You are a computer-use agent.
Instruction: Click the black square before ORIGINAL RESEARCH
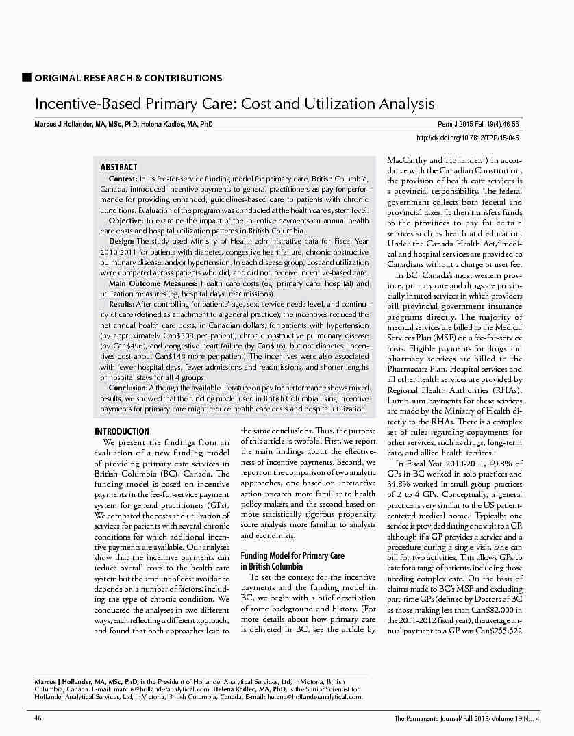[x=27, y=77]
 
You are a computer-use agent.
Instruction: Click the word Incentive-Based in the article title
[x=88, y=104]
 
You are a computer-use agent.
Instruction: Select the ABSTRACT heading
[x=118, y=167]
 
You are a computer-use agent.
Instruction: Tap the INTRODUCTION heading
[x=121, y=431]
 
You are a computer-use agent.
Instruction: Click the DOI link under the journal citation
[x=467, y=138]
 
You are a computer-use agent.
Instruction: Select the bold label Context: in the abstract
[x=123, y=178]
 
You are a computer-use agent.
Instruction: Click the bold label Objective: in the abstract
[x=126, y=221]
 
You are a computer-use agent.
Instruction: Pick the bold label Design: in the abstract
[x=121, y=242]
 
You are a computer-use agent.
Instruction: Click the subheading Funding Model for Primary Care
[x=292, y=556]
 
